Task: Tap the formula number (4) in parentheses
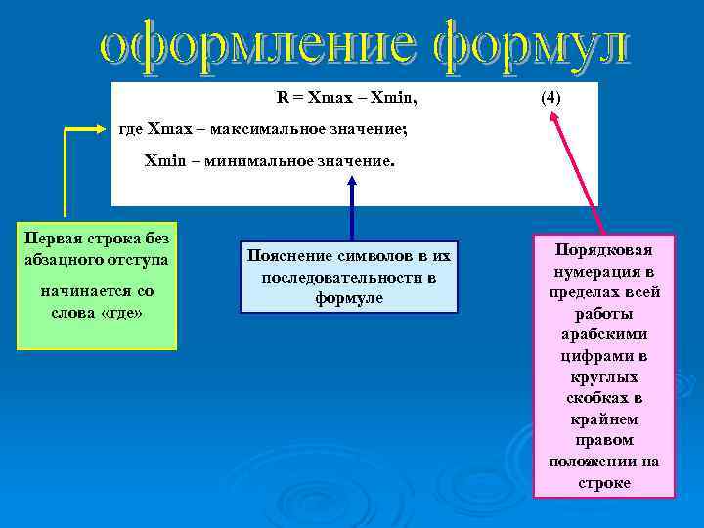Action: pyautogui.click(x=551, y=98)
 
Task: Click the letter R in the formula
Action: pyautogui.click(x=282, y=98)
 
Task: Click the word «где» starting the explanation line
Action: pyautogui.click(x=131, y=128)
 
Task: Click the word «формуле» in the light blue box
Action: pyautogui.click(x=348, y=298)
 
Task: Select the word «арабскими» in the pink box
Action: pyautogui.click(x=603, y=334)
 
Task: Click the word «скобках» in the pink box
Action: pyautogui.click(x=603, y=398)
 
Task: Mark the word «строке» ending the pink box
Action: pyautogui.click(x=603, y=483)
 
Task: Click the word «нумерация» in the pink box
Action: pyautogui.click(x=603, y=271)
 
